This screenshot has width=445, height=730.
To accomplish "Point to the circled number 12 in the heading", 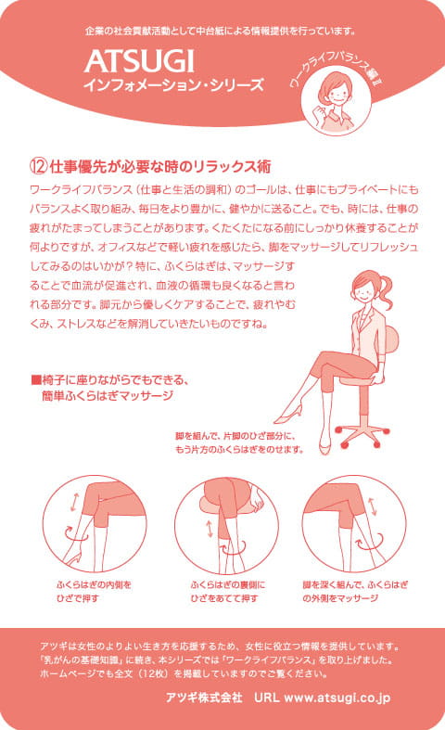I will (38, 168).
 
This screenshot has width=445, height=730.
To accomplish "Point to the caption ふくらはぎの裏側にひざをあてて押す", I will (226, 592).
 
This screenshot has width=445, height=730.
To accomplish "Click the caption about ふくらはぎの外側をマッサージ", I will (353, 592).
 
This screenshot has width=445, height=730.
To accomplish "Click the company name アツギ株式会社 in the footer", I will (204, 696).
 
